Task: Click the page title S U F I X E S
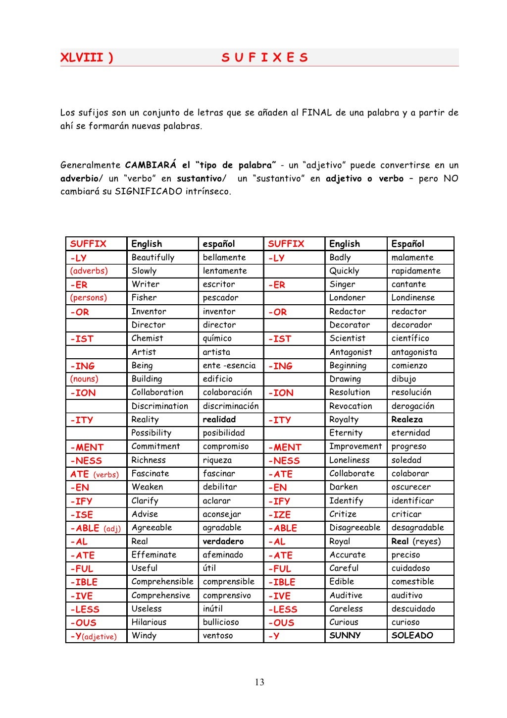click(264, 57)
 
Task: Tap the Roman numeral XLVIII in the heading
click(82, 57)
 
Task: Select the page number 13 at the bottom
click(259, 682)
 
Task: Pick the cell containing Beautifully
click(152, 257)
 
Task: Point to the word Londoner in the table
click(347, 297)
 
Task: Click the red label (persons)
click(88, 297)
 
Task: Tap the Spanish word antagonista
click(414, 352)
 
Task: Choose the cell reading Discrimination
click(159, 406)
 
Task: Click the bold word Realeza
click(407, 419)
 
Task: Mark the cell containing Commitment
click(155, 446)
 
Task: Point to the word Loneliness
click(349, 460)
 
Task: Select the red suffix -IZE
click(279, 514)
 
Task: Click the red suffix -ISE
click(81, 514)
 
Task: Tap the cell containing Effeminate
click(153, 554)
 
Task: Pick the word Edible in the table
click(342, 581)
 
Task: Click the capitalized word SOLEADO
click(412, 635)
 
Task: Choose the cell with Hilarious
click(149, 622)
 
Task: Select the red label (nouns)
click(84, 379)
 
